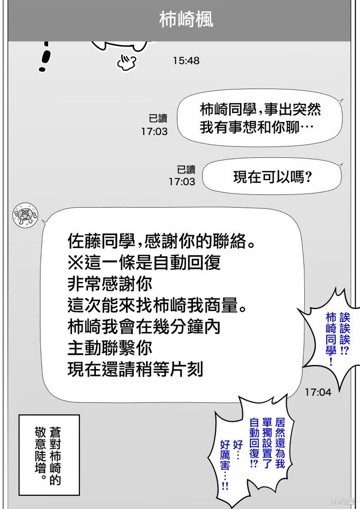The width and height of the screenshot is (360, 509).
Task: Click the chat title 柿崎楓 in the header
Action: tap(186, 19)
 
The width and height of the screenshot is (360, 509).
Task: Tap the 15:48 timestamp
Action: tap(186, 61)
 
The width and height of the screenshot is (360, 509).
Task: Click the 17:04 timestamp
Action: tap(318, 392)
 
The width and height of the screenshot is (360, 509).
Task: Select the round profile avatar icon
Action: tap(25, 215)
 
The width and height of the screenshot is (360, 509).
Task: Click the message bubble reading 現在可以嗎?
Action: tap(272, 177)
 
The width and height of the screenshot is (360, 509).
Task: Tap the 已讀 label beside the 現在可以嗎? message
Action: tap(186, 170)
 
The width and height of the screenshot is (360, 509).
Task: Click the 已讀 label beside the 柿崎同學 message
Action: tap(158, 119)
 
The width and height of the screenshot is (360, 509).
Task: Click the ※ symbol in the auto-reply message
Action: tap(76, 263)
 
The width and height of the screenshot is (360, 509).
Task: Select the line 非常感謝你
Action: tap(110, 284)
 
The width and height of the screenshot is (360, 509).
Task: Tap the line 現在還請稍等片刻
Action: tap(135, 370)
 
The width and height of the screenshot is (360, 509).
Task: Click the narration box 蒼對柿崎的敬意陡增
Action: tap(49, 455)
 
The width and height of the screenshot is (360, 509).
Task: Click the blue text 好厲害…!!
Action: tap(225, 464)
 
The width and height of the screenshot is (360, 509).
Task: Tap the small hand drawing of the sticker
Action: tap(126, 63)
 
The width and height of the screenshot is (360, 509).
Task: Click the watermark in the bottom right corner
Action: tap(343, 501)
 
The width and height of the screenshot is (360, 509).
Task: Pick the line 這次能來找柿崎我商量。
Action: tap(157, 305)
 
